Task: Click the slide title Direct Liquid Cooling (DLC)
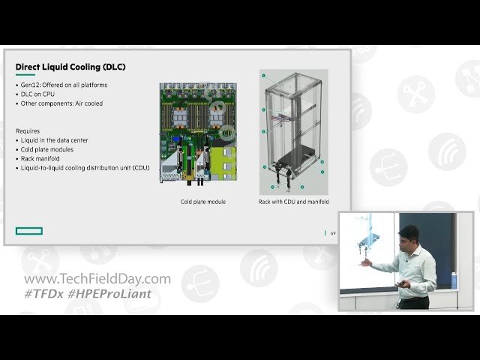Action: [x=70, y=67]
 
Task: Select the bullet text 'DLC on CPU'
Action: [x=37, y=94]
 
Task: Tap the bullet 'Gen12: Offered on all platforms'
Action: [x=63, y=85]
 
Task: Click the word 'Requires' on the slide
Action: [x=28, y=130]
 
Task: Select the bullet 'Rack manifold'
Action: [x=41, y=158]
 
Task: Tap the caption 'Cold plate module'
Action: [x=203, y=202]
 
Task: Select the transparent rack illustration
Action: [x=293, y=132]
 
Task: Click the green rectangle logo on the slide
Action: [x=29, y=231]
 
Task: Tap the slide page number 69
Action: [x=333, y=233]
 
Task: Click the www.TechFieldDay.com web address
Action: [x=97, y=279]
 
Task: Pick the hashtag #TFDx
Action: [x=44, y=293]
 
